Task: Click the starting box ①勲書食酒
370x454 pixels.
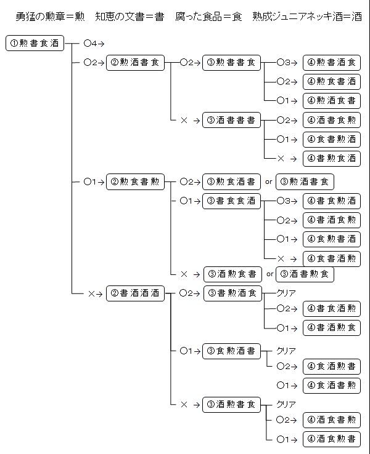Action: [x=35, y=43]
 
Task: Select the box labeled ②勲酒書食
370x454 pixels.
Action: [x=136, y=63]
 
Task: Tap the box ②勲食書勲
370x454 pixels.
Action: [x=136, y=181]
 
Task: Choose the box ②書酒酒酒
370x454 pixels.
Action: [x=136, y=293]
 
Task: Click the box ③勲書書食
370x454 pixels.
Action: [x=232, y=63]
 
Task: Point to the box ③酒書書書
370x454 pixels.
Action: [x=232, y=120]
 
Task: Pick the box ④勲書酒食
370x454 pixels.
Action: [x=332, y=63]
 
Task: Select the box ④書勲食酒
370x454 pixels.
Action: [x=332, y=158]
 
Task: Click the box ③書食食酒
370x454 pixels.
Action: [x=232, y=201]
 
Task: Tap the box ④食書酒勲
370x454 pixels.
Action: [x=332, y=258]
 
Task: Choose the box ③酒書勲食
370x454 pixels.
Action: [x=305, y=274]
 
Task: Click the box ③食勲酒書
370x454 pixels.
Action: [x=232, y=351]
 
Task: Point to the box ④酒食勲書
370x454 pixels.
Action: [x=332, y=439]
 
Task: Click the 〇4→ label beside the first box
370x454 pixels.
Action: [x=94, y=43]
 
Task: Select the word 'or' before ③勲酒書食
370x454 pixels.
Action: [x=269, y=181]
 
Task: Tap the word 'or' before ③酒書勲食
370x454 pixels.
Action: [x=269, y=274]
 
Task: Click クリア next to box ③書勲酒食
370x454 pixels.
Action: [x=286, y=293]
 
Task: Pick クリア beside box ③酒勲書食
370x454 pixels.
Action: [x=286, y=404]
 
